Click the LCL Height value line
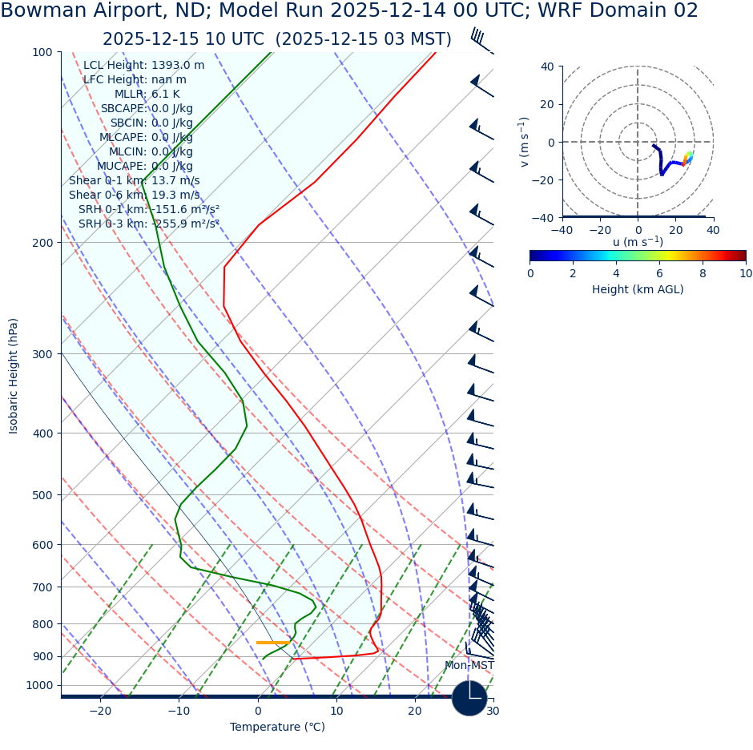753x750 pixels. click(x=143, y=66)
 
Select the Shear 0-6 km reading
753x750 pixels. click(x=134, y=195)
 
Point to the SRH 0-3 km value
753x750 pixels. click(x=148, y=224)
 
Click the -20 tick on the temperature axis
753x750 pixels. click(x=100, y=711)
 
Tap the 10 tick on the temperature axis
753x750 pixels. click(x=336, y=711)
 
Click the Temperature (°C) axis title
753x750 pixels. click(x=277, y=728)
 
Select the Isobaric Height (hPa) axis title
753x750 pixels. click(x=14, y=376)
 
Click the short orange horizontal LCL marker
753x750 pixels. click(x=272, y=643)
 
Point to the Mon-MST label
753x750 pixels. click(x=469, y=666)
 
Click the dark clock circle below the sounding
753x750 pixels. click(x=469, y=698)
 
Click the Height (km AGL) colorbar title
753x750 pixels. click(x=638, y=289)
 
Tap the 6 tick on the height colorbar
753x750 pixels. click(x=659, y=273)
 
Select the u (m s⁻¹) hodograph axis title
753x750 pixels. click(x=638, y=242)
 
